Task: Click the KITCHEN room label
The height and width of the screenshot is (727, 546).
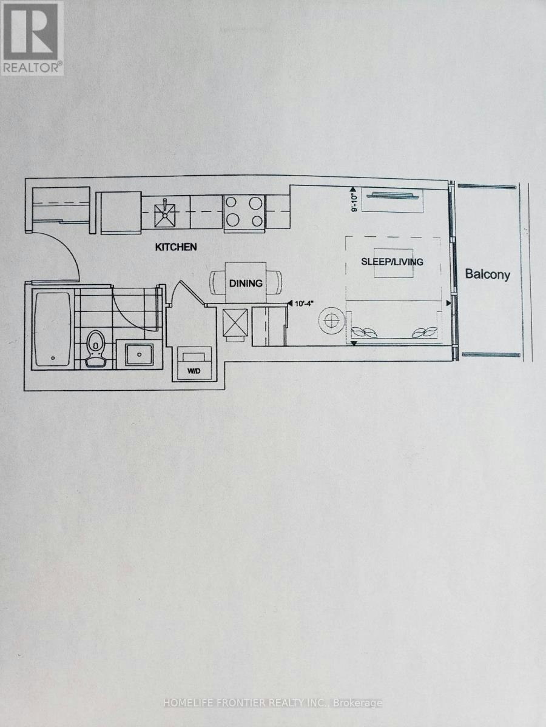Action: coord(176,247)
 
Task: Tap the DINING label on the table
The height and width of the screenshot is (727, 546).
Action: coord(246,284)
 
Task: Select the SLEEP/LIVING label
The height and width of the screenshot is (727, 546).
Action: coord(392,262)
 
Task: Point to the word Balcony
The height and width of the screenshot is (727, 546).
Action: coord(487,274)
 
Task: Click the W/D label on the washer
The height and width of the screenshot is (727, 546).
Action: coord(194,371)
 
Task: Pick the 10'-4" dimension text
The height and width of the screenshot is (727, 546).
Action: coord(304,304)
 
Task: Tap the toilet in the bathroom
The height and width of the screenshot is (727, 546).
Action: coord(96,349)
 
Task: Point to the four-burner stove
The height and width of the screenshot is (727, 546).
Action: coord(244,212)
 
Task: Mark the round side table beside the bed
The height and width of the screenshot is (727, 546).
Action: coord(331,321)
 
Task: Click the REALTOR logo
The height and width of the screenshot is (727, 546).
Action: coord(32,38)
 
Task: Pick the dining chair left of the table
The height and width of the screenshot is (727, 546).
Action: coord(217,282)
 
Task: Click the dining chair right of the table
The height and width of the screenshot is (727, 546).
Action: coord(274,282)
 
